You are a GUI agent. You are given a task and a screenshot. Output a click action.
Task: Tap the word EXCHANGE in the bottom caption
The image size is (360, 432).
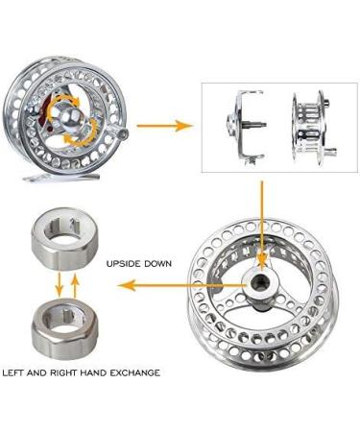pyautogui.click(x=132, y=372)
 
